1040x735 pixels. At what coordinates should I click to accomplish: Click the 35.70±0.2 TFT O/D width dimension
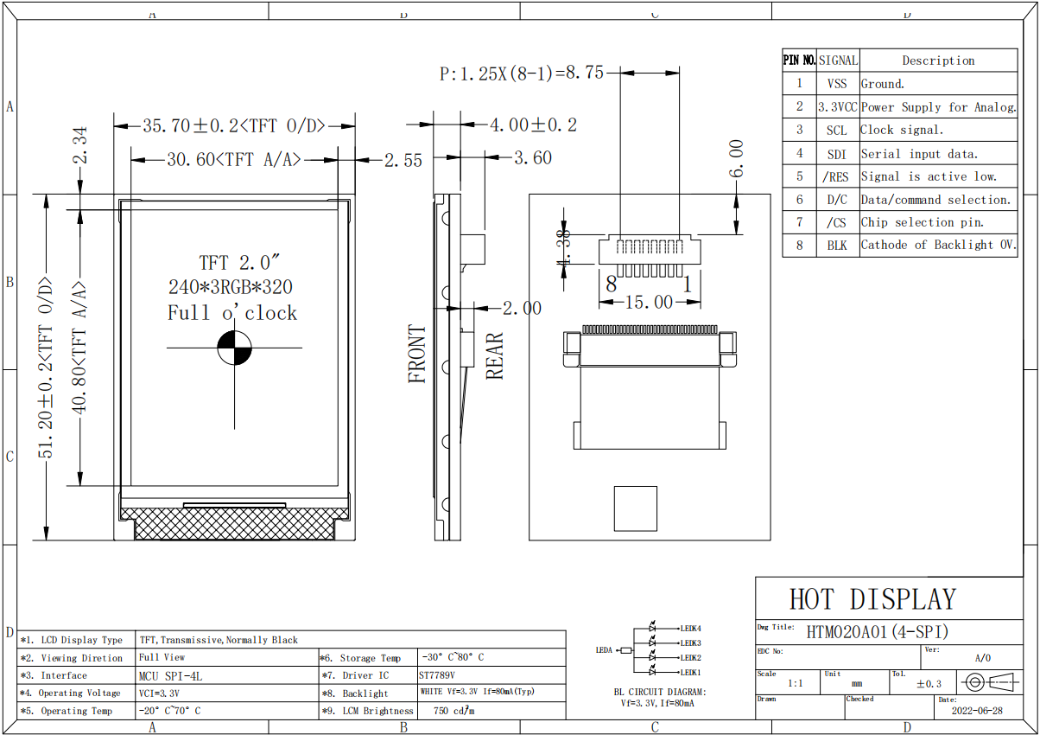234,125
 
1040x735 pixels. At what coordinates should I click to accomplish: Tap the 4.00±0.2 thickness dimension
533,125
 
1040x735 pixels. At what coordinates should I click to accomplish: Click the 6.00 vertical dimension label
737,159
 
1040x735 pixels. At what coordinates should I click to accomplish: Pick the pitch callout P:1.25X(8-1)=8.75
522,74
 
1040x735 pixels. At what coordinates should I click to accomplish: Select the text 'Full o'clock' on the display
232,313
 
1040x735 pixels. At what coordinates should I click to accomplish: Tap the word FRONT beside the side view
418,354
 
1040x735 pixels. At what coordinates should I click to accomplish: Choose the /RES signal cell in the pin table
836,176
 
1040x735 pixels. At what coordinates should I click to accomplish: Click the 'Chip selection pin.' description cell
923,222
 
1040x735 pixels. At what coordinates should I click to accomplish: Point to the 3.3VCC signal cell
837,107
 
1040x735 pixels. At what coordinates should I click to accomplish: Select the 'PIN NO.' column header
799,61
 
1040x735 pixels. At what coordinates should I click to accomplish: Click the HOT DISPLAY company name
872,599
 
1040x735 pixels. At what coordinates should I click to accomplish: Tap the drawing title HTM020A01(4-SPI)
878,631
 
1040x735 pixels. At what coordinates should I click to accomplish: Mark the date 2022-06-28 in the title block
977,711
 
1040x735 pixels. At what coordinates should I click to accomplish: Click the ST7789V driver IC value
437,675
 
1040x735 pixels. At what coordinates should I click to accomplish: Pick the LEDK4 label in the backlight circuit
691,629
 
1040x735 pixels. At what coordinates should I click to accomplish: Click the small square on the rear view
635,508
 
